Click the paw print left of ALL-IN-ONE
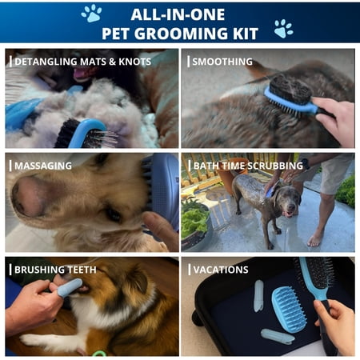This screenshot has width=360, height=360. click(91, 14)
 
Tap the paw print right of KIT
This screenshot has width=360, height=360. click(283, 29)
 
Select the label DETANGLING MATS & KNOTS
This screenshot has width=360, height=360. click(82, 62)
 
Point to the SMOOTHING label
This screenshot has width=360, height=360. click(222, 62)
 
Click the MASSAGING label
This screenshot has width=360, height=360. click(43, 166)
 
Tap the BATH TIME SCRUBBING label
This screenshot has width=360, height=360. click(248, 166)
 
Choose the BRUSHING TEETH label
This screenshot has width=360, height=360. click(55, 270)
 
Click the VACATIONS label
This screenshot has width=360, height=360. click(221, 270)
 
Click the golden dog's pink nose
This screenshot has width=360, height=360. click(30, 196)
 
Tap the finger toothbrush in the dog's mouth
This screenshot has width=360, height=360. click(70, 288)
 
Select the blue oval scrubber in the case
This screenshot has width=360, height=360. click(289, 310)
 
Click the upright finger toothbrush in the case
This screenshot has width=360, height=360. click(258, 296)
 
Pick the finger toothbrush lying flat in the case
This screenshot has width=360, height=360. click(278, 336)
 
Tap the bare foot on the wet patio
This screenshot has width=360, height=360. click(315, 239)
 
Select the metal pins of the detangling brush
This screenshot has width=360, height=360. click(102, 138)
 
